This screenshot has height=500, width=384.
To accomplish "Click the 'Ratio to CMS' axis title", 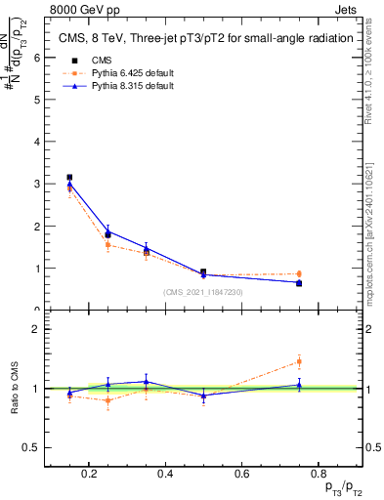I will point(15,388).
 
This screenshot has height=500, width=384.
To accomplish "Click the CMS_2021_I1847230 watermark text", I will point(202,292).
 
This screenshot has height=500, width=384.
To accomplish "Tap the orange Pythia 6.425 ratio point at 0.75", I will point(299,361).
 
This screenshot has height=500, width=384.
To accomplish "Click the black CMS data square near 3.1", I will point(69,178).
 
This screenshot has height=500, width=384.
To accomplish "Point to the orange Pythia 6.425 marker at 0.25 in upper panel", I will point(107,244).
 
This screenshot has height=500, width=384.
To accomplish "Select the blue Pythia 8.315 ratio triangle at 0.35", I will point(146,382).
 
